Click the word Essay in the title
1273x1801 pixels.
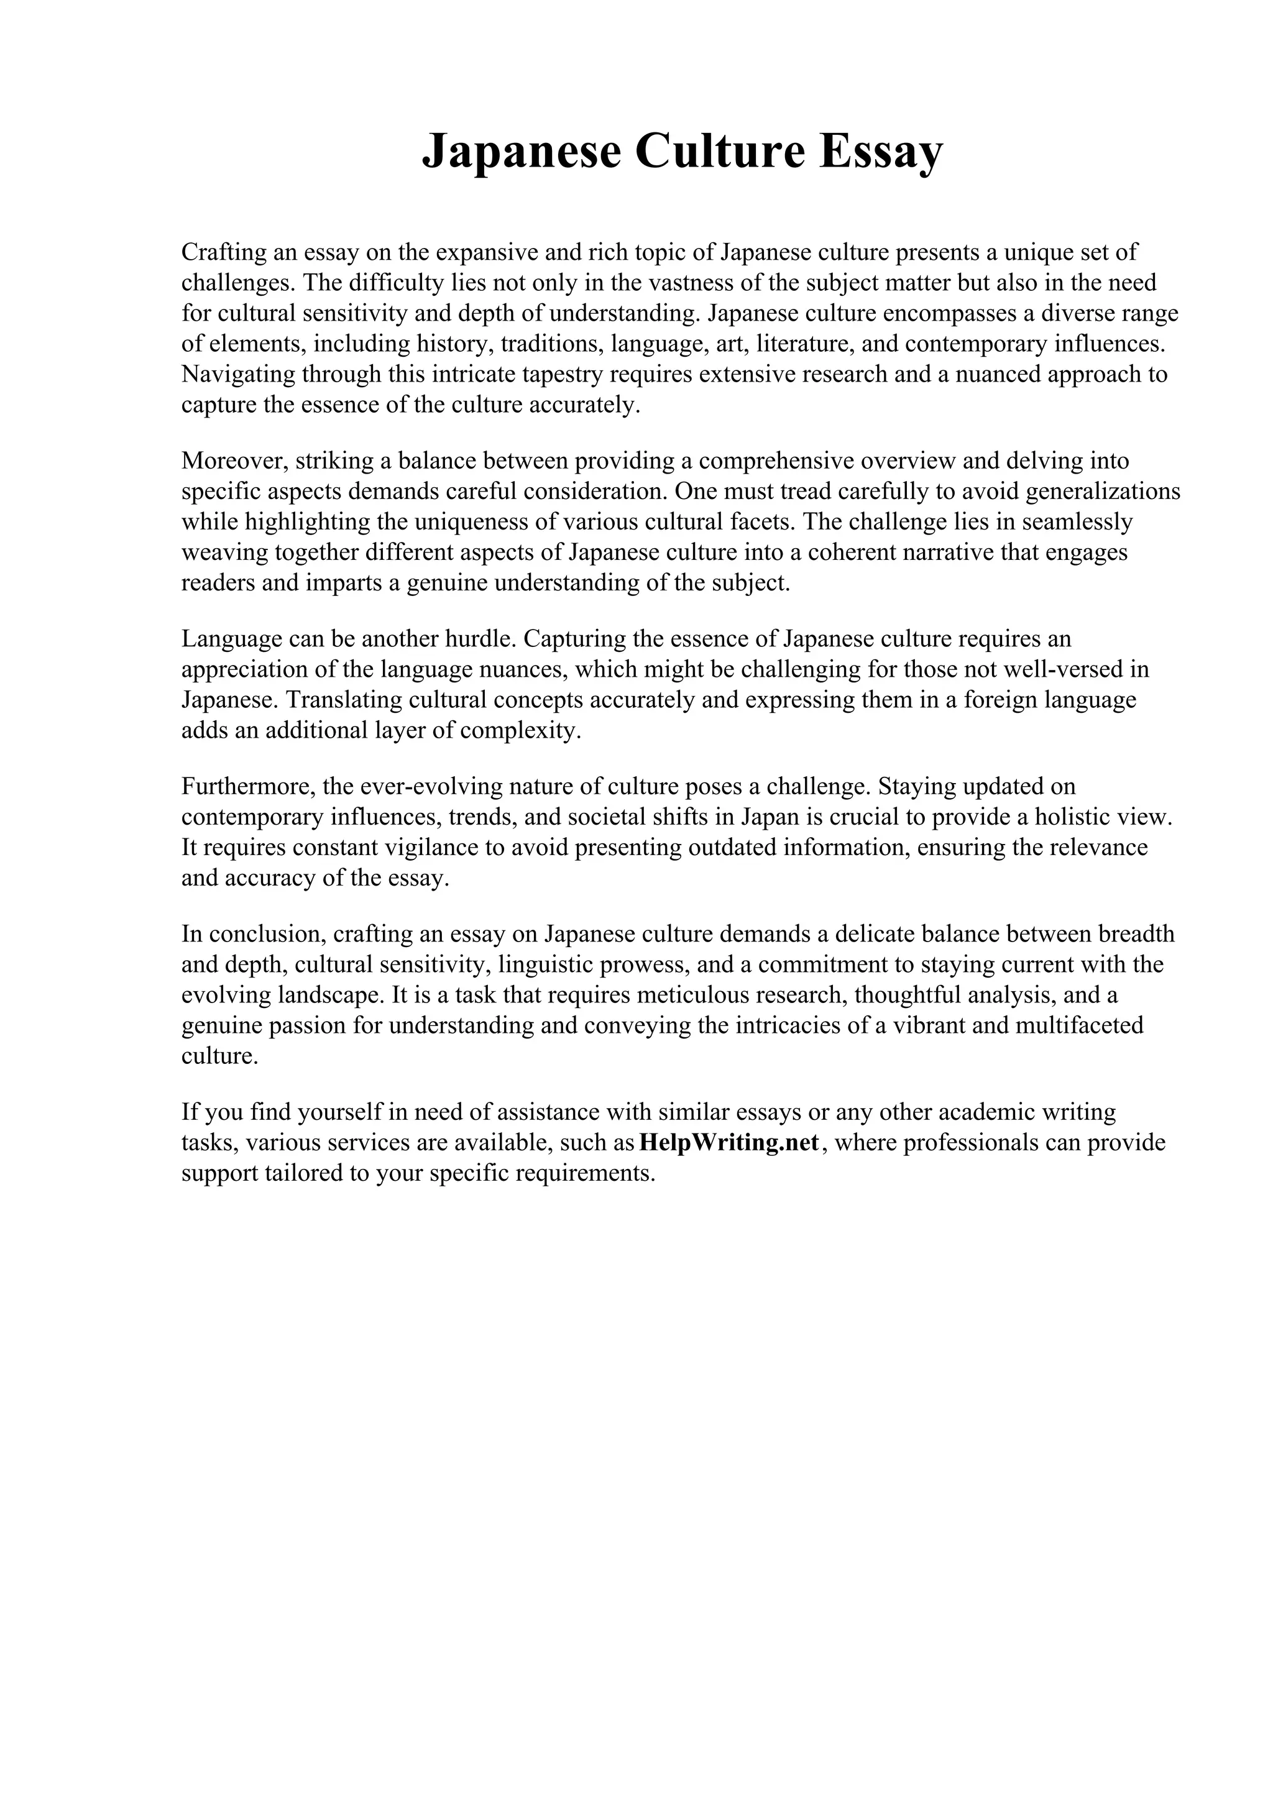tap(881, 152)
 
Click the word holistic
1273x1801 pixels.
tap(1070, 817)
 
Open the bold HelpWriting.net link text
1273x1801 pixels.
tap(730, 1142)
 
